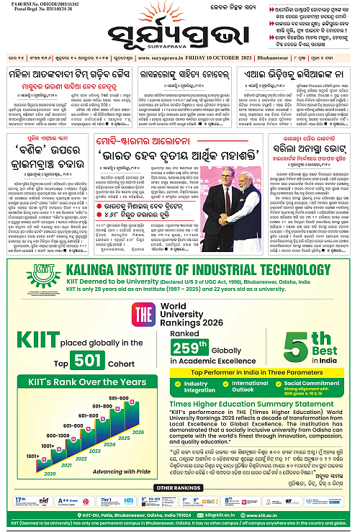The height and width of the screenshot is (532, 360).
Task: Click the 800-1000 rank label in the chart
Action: [59, 436]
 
